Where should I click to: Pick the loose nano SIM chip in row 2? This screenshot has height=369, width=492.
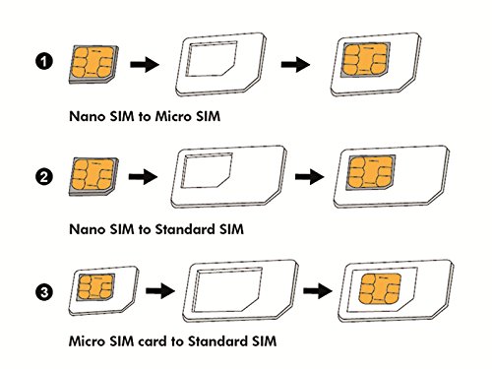click(x=94, y=176)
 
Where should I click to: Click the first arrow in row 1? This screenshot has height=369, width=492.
click(x=144, y=65)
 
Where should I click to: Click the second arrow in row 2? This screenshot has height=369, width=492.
click(x=307, y=177)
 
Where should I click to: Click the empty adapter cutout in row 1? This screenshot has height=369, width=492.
click(x=211, y=63)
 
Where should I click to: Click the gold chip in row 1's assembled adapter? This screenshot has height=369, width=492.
click(x=361, y=63)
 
